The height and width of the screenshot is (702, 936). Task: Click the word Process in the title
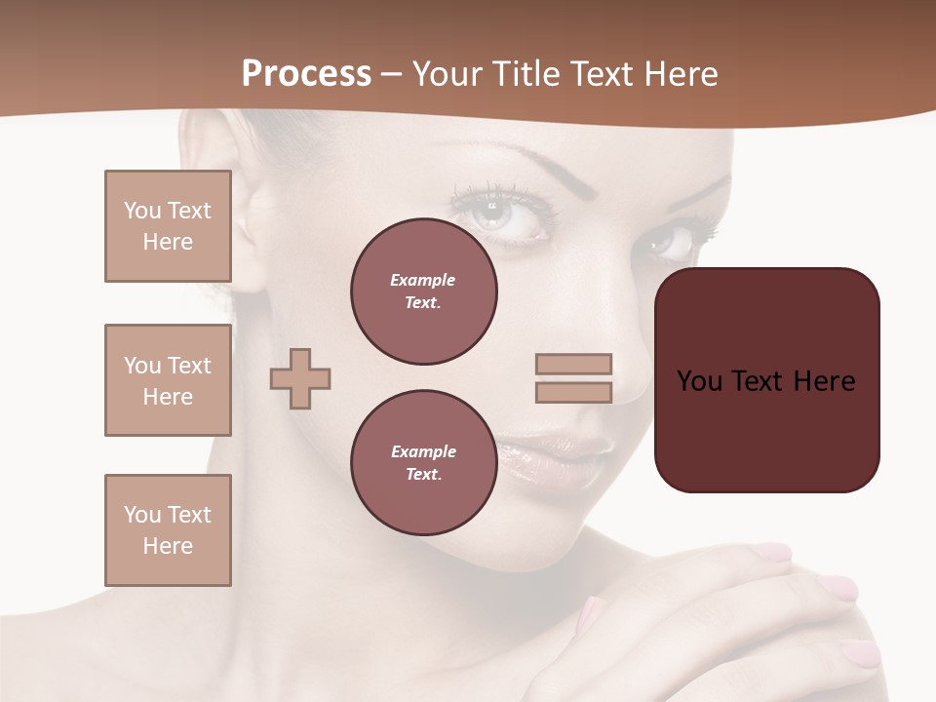click(306, 74)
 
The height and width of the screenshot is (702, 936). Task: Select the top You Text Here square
click(168, 226)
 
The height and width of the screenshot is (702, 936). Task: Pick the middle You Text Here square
click(168, 380)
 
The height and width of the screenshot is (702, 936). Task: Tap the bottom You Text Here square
click(168, 530)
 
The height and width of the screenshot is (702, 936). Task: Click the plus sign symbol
click(300, 378)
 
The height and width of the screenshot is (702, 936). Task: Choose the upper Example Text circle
click(424, 292)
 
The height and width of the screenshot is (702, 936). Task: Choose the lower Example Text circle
click(424, 462)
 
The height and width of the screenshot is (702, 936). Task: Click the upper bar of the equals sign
click(574, 364)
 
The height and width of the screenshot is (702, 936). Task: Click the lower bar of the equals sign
click(574, 392)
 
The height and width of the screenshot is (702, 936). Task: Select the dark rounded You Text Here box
click(766, 380)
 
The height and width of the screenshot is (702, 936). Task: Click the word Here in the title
click(681, 74)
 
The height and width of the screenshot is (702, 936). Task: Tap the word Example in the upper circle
click(423, 280)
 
